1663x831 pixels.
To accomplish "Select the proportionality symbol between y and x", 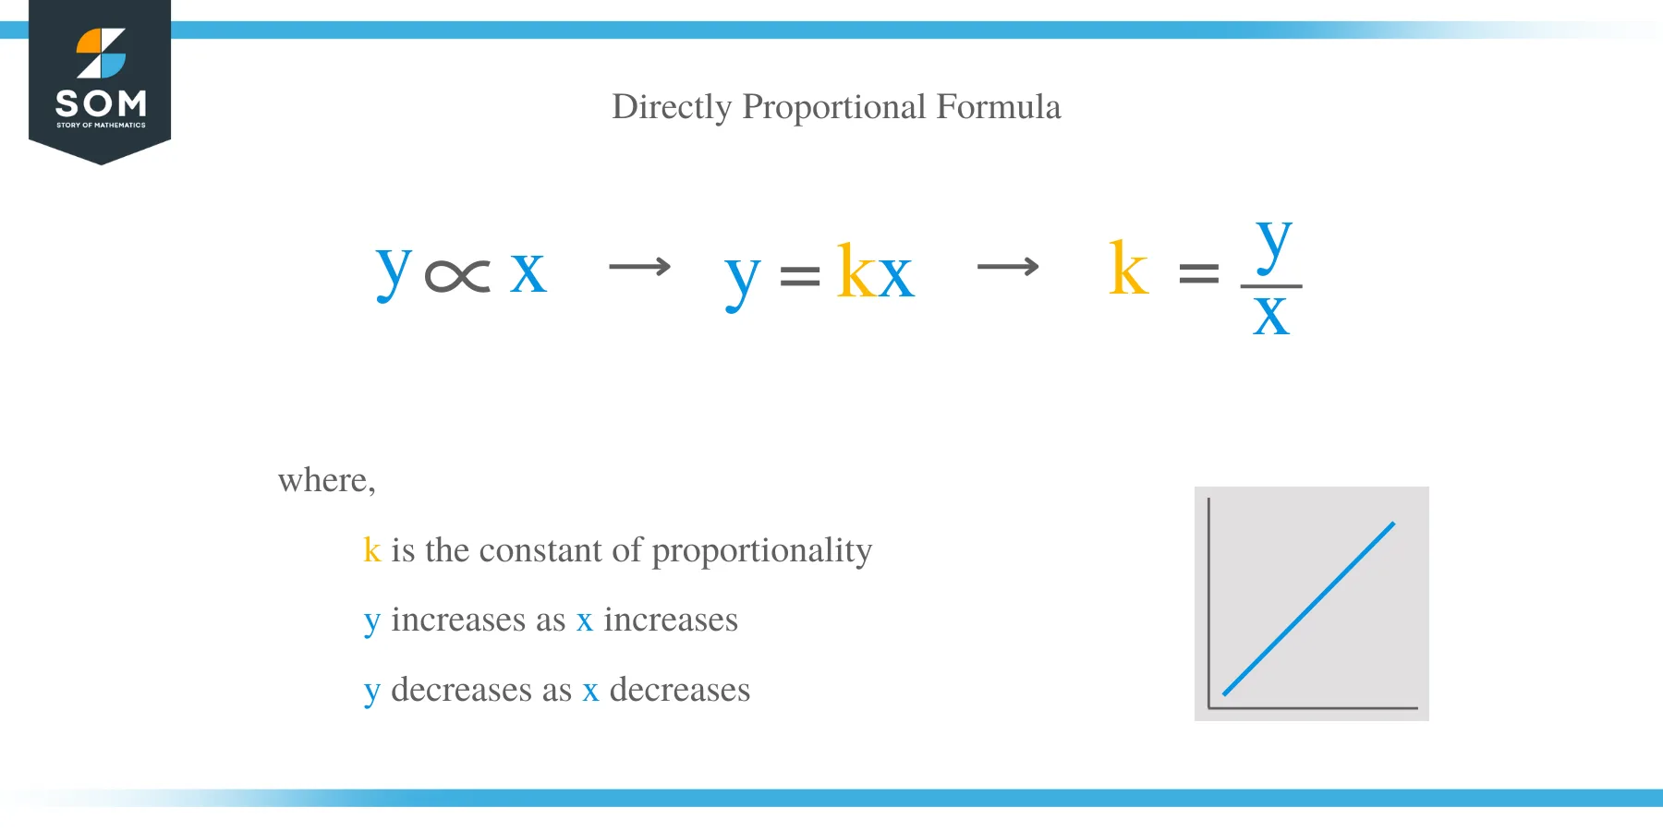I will (x=457, y=275).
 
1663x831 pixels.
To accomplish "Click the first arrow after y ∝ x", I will (x=639, y=268).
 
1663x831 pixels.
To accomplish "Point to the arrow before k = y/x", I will (x=1008, y=268).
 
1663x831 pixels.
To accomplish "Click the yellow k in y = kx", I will (x=855, y=271).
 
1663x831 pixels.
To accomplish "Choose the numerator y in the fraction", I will (x=1273, y=245).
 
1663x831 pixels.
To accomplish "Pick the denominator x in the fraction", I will (x=1271, y=316).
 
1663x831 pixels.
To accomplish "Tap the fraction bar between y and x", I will (x=1271, y=286).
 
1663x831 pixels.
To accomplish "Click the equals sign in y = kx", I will (x=800, y=275).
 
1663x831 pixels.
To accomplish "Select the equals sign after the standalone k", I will (x=1199, y=273).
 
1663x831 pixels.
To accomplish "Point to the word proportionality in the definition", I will (x=761, y=551).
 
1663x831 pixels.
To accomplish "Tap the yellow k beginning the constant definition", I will (x=371, y=550).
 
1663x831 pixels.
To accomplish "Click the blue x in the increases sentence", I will (x=584, y=620).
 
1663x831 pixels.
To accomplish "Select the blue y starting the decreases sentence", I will (x=371, y=692).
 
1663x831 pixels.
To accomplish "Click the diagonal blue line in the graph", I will (x=1308, y=609).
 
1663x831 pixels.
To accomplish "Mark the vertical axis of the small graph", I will (x=1208, y=600).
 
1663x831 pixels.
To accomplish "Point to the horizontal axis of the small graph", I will (x=1312, y=708).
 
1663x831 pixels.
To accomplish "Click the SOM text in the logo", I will (x=101, y=102).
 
